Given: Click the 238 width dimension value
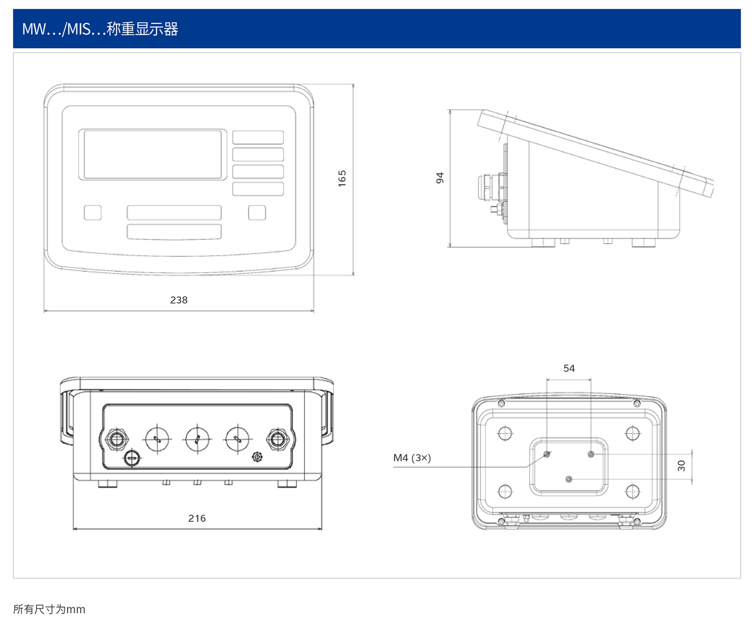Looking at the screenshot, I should pyautogui.click(x=179, y=300).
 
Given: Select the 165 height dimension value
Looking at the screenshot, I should pyautogui.click(x=342, y=178).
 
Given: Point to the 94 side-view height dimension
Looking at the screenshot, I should pyautogui.click(x=440, y=178).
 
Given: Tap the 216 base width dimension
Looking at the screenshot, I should pyautogui.click(x=197, y=518).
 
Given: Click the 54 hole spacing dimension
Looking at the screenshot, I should pyautogui.click(x=569, y=369).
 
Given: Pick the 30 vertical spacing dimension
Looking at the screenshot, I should pyautogui.click(x=682, y=466).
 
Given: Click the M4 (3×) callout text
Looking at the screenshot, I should pyautogui.click(x=412, y=458).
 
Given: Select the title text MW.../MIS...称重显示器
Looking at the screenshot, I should pyautogui.click(x=100, y=29).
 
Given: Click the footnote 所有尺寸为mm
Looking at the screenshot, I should pyautogui.click(x=49, y=609).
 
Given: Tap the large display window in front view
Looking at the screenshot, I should pyautogui.click(x=153, y=154).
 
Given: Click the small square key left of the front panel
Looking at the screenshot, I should pyautogui.click(x=93, y=212).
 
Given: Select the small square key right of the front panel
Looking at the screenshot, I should pyautogui.click(x=257, y=212).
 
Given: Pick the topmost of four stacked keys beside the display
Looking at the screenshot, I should pyautogui.click(x=258, y=137).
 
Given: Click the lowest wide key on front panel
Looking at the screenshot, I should pyautogui.click(x=174, y=232).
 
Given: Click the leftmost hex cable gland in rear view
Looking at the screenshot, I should pyautogui.click(x=117, y=439).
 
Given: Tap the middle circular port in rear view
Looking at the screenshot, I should pyautogui.click(x=197, y=439).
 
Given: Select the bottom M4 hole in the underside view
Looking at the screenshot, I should pyautogui.click(x=569, y=479).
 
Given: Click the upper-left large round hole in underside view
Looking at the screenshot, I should pyautogui.click(x=505, y=433).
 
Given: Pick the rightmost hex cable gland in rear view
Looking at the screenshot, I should pyautogui.click(x=278, y=439).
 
